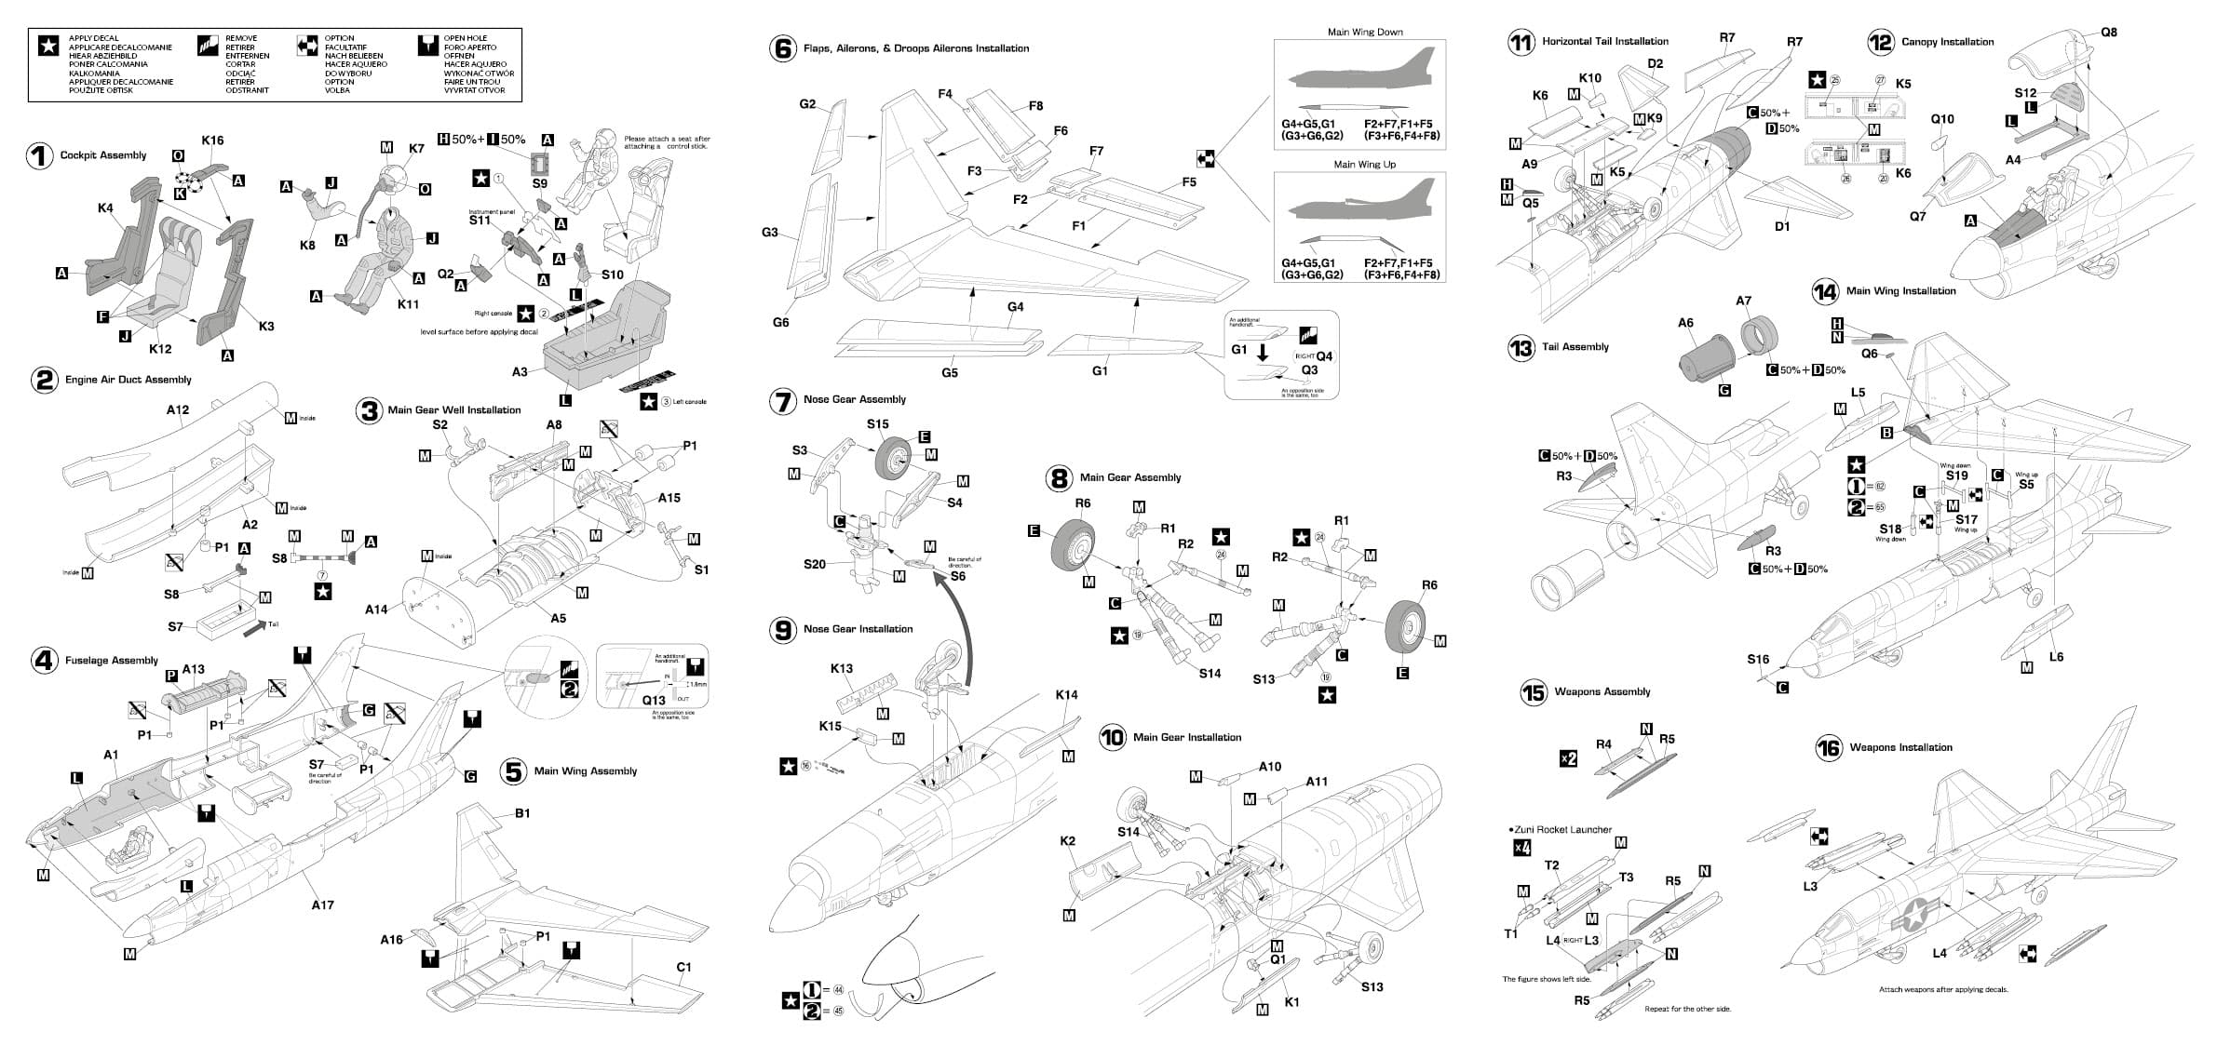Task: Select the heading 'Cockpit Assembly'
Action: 103,155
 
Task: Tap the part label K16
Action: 212,141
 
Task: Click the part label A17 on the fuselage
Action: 322,904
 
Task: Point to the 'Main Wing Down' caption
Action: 1365,32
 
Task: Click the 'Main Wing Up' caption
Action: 1364,164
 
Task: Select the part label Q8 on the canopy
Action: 2108,32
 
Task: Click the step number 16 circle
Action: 1828,748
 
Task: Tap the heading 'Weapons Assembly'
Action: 1602,691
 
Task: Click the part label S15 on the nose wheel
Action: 877,423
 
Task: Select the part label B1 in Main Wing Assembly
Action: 522,813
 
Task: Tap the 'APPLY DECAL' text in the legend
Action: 93,39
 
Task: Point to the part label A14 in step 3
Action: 375,610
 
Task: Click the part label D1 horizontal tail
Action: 1781,226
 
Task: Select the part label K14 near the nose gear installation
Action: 1066,694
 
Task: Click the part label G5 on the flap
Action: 949,373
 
